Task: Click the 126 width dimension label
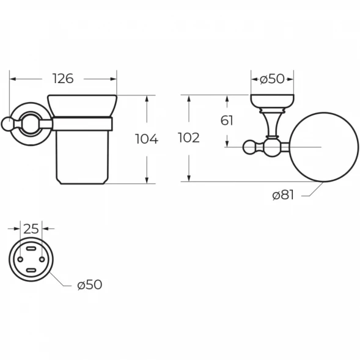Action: point(63,79)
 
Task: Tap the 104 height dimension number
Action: point(147,139)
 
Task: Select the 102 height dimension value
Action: point(189,138)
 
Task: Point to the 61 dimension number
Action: point(227,120)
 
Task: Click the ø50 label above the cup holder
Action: point(272,79)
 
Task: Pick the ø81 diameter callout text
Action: point(283,196)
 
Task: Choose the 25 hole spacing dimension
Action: point(31,229)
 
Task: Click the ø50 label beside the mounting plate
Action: point(90,285)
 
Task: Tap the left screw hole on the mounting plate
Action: point(20,259)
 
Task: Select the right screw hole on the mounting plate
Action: point(42,259)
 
